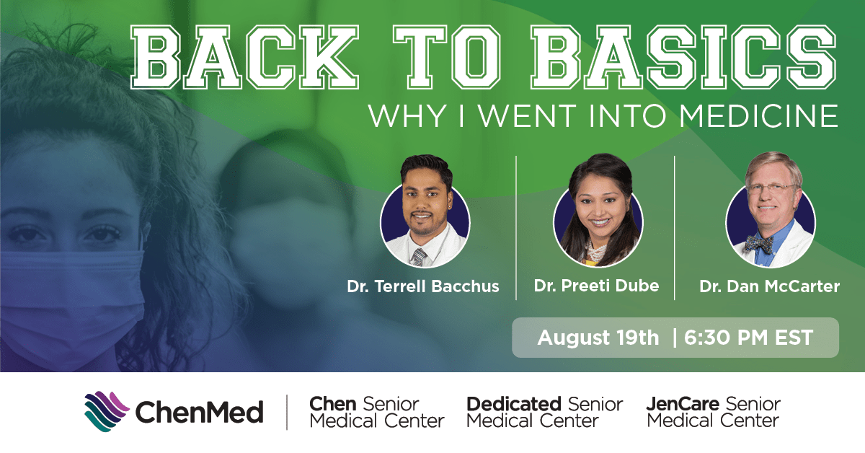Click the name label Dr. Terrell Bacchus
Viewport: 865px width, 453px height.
click(422, 287)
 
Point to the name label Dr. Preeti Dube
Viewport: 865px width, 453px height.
click(596, 286)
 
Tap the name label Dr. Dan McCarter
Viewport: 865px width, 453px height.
click(769, 287)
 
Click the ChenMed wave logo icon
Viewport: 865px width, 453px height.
click(107, 412)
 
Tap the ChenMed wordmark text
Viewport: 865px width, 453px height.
click(199, 413)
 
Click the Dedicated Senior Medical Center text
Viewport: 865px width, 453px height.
click(544, 412)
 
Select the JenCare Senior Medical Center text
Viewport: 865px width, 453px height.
click(713, 412)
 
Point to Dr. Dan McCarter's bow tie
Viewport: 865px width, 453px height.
click(760, 244)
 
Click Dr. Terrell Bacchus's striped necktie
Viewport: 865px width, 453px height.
click(419, 257)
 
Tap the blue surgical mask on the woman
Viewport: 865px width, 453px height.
click(65, 289)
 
